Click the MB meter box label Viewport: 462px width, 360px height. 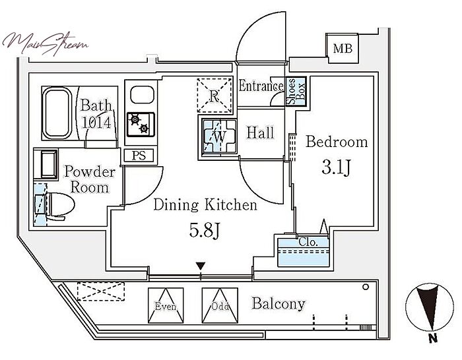point(343,48)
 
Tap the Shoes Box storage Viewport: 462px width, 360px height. point(296,91)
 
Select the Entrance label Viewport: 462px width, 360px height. point(261,86)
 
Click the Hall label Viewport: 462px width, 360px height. point(260,133)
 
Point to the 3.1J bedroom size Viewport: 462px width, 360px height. point(336,167)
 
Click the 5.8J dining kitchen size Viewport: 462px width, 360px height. point(205,230)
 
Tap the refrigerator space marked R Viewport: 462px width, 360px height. point(214,95)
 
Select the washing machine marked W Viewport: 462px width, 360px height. point(219,136)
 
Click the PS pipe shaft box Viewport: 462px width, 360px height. point(139,155)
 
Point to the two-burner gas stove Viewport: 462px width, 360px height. point(141,125)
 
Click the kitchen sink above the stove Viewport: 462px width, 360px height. point(143,95)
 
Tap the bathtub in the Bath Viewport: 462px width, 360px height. point(57,113)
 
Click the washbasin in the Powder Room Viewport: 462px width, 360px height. point(46,164)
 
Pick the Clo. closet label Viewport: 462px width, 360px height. point(308,242)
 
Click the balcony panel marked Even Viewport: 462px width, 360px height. point(165,305)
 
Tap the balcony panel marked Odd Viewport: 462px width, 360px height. point(220,305)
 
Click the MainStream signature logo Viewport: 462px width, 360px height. point(46,44)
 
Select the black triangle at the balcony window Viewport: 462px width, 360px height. point(201,266)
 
